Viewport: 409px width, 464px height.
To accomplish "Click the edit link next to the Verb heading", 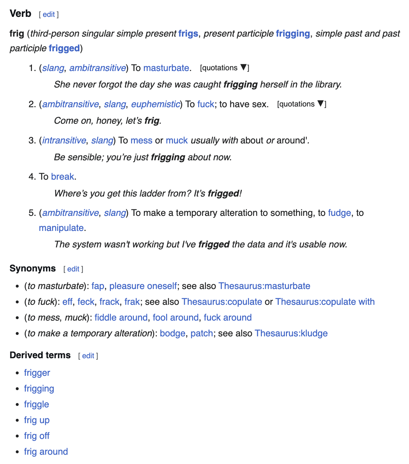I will pyautogui.click(x=49, y=15).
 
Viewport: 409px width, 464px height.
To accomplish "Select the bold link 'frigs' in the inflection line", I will pyautogui.click(x=188, y=34).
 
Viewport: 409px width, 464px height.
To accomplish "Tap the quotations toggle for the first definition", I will pyautogui.click(x=224, y=68).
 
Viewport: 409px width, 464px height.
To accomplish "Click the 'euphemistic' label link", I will pyautogui.click(x=155, y=104).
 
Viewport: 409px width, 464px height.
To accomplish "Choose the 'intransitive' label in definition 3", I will pyautogui.click(x=64, y=141).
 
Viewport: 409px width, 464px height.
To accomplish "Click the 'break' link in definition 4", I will pyautogui.click(x=62, y=177).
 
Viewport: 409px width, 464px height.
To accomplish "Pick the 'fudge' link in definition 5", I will pyautogui.click(x=339, y=213).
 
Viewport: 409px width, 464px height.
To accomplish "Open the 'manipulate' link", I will pyautogui.click(x=61, y=228).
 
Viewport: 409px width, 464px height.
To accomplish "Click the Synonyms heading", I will pyautogui.click(x=33, y=269).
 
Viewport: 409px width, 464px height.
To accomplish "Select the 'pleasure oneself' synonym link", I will pyautogui.click(x=143, y=286).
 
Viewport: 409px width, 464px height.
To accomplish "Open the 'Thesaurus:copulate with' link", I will pyautogui.click(x=325, y=302).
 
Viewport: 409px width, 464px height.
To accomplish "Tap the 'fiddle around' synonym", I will pyautogui.click(x=121, y=318).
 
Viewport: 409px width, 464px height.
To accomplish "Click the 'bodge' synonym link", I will pyautogui.click(x=172, y=333).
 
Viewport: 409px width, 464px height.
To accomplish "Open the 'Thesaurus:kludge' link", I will pyautogui.click(x=291, y=333).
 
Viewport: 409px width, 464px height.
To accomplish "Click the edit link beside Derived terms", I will pyautogui.click(x=88, y=356).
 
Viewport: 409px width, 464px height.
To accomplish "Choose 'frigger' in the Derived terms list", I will pyautogui.click(x=37, y=373).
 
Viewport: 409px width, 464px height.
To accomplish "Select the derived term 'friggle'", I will pyautogui.click(x=36, y=404).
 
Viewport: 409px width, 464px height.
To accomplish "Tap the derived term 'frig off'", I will pyautogui.click(x=37, y=436).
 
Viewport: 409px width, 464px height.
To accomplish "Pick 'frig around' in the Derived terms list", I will pyautogui.click(x=46, y=452).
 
